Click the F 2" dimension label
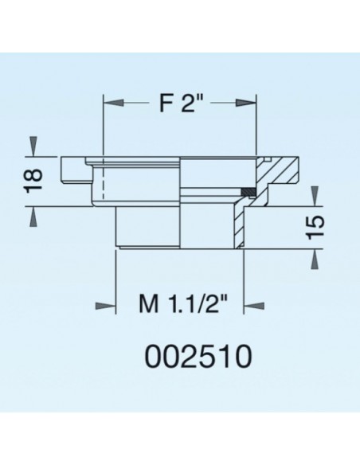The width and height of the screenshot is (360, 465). click(179, 104)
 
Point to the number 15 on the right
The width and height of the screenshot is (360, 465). click(316, 226)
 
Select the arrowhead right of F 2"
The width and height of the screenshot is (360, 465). click(246, 104)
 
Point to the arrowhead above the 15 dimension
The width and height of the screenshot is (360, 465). click(316, 193)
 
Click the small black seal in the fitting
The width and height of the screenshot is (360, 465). click(248, 190)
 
